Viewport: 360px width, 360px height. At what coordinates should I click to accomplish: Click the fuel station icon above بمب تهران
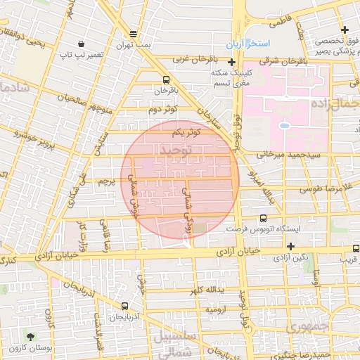coord(134,34)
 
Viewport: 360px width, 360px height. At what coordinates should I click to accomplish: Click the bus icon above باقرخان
coord(166,79)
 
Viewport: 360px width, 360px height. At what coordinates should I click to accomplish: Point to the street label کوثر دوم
coord(162,110)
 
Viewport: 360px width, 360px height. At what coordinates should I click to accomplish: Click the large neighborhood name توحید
coord(176,150)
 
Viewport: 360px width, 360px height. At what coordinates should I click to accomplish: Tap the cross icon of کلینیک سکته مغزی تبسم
coord(231,63)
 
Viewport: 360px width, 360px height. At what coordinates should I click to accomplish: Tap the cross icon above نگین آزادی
coord(290,245)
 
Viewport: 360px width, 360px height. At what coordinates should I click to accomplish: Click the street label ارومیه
coord(214,309)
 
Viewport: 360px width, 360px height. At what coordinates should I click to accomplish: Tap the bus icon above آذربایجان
coord(124,306)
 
